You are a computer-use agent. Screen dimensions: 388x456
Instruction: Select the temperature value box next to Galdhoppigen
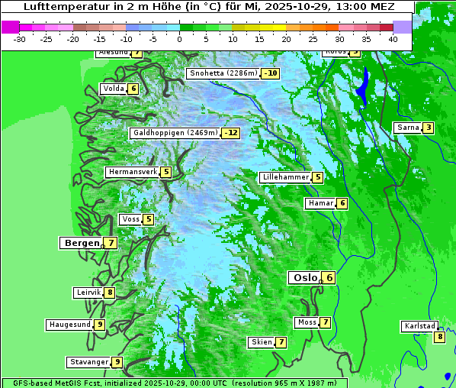point(231,133)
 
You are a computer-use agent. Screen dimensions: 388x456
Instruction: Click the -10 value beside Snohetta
point(270,74)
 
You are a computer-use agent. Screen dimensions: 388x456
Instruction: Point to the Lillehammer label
point(285,177)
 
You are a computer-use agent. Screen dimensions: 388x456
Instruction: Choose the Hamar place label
point(319,203)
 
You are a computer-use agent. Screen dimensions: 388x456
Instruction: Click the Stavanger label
point(88,362)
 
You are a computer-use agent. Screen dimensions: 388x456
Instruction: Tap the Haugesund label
point(69,325)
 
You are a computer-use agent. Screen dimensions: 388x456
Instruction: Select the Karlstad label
point(419,326)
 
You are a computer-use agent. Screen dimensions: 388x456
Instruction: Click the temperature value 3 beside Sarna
point(429,128)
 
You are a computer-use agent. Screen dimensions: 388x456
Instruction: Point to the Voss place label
point(130,219)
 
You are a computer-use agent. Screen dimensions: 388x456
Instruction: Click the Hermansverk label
point(132,172)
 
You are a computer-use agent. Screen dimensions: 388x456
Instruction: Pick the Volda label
point(113,89)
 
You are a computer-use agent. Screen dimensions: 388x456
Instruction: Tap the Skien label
point(261,342)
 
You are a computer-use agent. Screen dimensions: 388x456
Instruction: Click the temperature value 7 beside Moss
point(326,322)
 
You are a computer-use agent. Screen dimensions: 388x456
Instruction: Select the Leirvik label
point(88,293)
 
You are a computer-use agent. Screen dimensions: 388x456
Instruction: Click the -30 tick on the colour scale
point(20,39)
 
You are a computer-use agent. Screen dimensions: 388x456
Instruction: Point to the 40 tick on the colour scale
point(393,39)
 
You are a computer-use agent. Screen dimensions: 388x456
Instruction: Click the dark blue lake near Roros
point(363,86)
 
